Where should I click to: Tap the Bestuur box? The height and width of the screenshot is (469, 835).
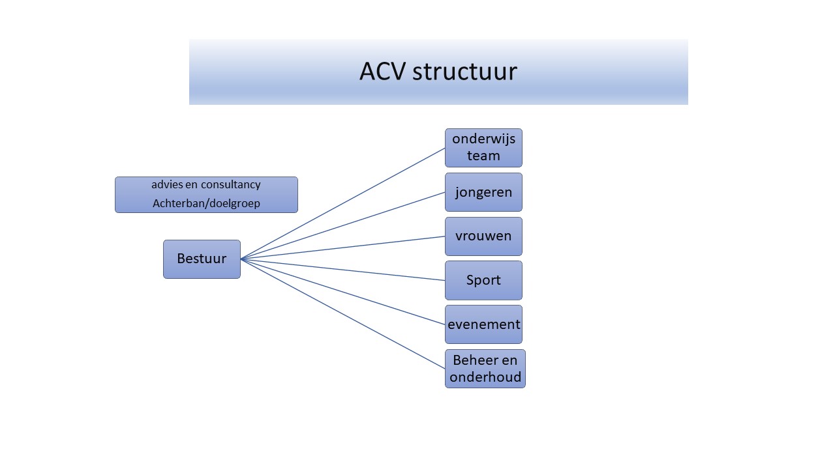(x=202, y=259)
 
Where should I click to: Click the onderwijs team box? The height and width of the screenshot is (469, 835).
(x=483, y=148)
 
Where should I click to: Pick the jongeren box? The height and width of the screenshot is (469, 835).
(x=483, y=192)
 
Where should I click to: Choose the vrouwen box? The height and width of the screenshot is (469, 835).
(x=483, y=236)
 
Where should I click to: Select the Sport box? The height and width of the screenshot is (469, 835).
(x=483, y=280)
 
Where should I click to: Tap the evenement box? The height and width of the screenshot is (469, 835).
(x=483, y=324)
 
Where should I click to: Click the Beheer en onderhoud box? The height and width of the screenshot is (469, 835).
(x=485, y=369)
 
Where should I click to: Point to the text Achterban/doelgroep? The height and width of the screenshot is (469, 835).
(x=206, y=204)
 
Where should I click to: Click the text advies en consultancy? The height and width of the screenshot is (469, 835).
(x=206, y=185)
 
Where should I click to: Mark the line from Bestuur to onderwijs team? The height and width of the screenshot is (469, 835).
(x=342, y=204)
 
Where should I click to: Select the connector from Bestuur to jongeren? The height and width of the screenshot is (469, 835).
(x=342, y=225)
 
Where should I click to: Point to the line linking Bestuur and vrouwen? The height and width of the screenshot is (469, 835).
(x=342, y=248)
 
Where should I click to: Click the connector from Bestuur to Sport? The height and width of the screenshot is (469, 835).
(x=342, y=270)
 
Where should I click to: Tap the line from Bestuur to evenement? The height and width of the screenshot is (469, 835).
(x=342, y=292)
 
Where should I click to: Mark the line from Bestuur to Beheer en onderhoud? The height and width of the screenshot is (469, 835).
(x=342, y=314)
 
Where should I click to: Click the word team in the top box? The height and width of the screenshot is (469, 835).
(x=483, y=156)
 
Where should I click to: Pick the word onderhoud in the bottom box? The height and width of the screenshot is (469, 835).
(x=485, y=377)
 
